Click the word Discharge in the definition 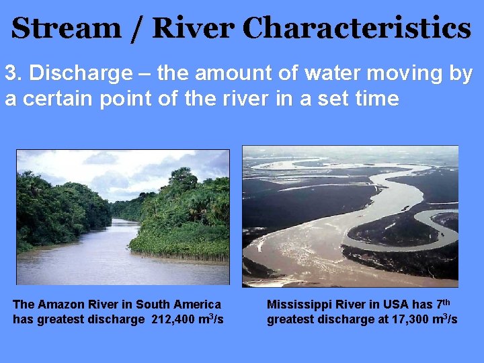click(67, 74)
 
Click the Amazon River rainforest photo click(122, 217)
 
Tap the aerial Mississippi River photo click(350, 216)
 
